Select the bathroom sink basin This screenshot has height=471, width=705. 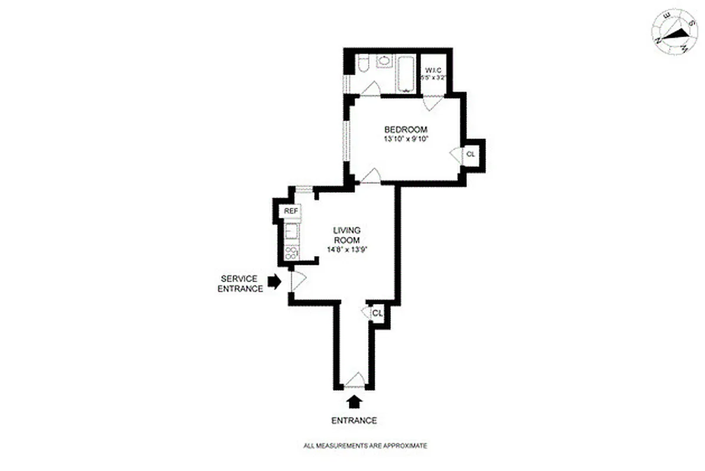pyautogui.click(x=385, y=61)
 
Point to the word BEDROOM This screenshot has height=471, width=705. pyautogui.click(x=406, y=130)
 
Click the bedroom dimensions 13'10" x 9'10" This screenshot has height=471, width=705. pyautogui.click(x=406, y=140)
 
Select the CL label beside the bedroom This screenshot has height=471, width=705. pyautogui.click(x=470, y=154)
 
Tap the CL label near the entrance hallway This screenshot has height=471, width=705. pyautogui.click(x=377, y=313)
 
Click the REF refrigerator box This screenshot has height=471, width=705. pyautogui.click(x=290, y=211)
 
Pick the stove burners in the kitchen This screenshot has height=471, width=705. pyautogui.click(x=290, y=253)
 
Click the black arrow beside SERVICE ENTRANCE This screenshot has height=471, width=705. pyautogui.click(x=274, y=282)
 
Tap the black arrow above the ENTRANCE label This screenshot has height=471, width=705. pyautogui.click(x=354, y=402)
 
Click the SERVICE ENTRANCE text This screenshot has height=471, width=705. pyautogui.click(x=240, y=283)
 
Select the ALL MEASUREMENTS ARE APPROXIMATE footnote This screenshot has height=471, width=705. pyautogui.click(x=365, y=446)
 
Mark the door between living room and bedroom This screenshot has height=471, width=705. pyautogui.click(x=370, y=176)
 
